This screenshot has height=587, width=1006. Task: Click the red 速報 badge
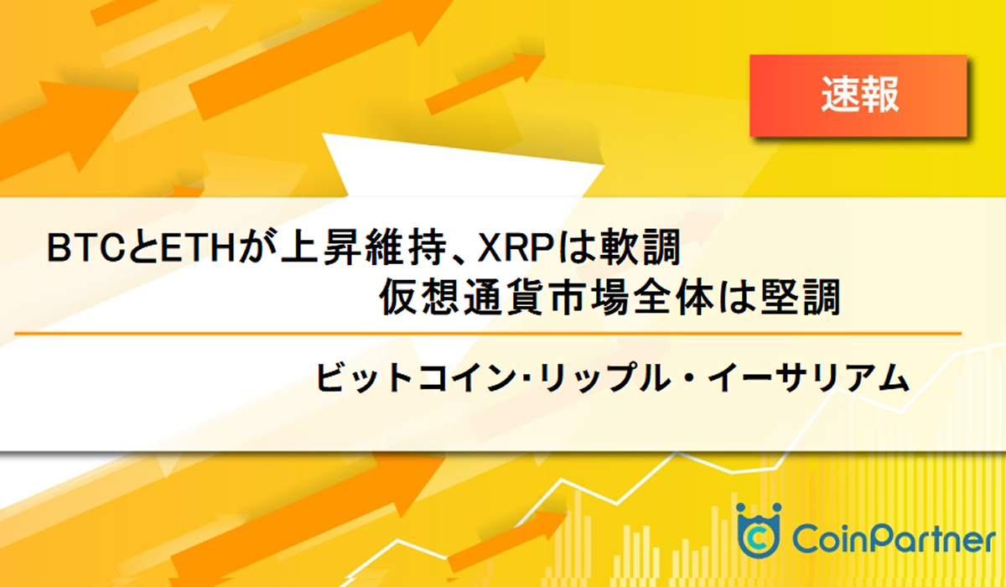[858, 96]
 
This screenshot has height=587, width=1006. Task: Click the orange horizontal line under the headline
[486, 334]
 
